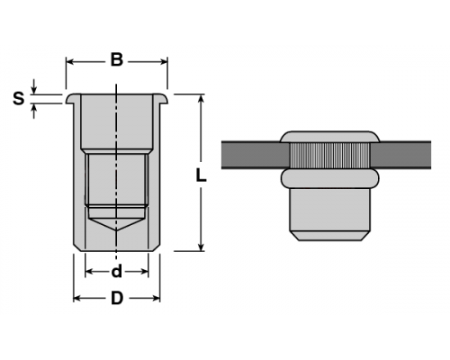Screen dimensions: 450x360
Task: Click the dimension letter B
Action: tap(117, 59)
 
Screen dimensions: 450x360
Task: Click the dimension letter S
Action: tap(19, 98)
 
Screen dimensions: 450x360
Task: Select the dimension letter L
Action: tap(201, 175)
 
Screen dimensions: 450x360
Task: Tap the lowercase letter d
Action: tap(117, 271)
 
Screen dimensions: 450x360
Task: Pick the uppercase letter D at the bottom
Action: tap(117, 298)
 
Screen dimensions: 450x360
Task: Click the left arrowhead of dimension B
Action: tap(70, 62)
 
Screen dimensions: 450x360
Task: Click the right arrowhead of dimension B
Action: tap(164, 62)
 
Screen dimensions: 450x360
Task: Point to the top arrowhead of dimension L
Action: tap(202, 99)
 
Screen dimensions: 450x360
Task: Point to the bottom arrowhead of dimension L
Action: tap(202, 247)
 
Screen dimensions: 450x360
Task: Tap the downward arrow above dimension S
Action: tap(34, 86)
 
